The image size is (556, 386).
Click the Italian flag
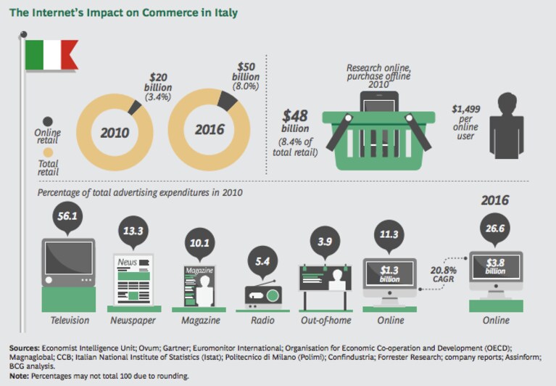51,54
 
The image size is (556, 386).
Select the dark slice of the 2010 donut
135,107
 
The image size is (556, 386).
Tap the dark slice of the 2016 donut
227,99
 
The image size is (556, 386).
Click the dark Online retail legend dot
48,122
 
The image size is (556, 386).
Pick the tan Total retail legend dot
48,152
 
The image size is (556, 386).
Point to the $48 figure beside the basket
295,116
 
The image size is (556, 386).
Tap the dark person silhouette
507,126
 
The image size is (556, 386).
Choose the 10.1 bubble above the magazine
199,244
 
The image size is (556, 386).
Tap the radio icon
263,294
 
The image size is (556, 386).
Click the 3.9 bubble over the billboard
325,242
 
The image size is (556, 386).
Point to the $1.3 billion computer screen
390,274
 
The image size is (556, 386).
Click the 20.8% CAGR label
443,274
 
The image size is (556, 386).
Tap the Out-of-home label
326,321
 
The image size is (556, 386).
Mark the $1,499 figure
466,110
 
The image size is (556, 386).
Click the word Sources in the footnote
25,348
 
